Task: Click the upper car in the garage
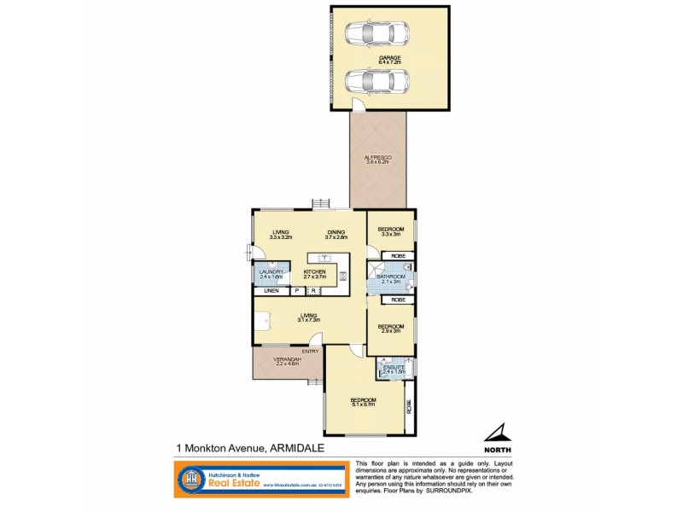377,36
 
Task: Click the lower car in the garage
377,83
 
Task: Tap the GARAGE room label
390,57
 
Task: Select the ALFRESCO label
377,159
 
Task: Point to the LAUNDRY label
272,272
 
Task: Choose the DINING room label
336,232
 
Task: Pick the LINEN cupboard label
271,292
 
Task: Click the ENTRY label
310,351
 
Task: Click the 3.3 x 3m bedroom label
391,230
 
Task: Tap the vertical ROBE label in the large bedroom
408,406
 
